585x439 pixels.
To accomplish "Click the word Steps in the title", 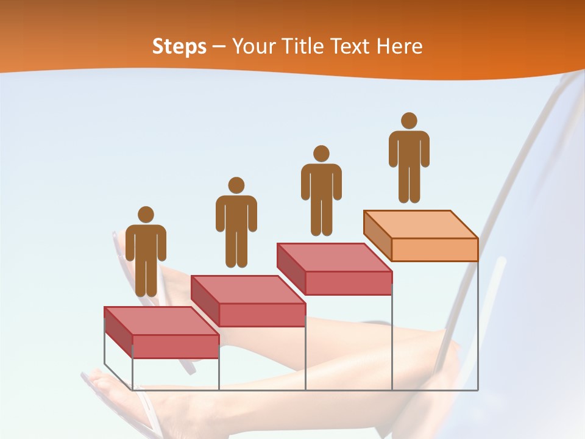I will (179, 47).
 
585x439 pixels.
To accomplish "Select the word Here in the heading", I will (399, 47).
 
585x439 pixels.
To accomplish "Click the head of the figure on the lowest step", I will (146, 215).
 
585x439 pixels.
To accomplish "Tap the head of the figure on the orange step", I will (409, 121).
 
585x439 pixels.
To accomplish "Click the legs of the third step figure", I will (321, 216).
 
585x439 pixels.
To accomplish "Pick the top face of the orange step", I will (420, 224).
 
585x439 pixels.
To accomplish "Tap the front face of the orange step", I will (434, 249).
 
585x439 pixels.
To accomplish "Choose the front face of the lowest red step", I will (175, 346).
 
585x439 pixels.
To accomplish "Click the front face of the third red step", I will (348, 283).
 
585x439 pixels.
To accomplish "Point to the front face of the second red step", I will (262, 315).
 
